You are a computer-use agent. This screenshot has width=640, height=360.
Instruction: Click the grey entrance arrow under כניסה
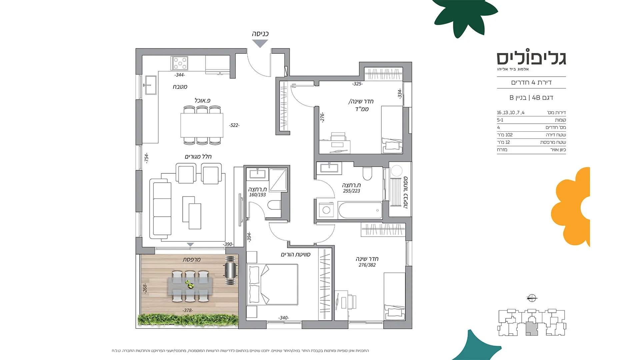[260, 43]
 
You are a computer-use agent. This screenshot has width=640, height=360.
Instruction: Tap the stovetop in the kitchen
[179, 63]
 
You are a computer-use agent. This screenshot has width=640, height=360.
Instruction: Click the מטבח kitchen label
[180, 87]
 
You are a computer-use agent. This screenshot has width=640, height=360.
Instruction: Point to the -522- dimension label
[234, 125]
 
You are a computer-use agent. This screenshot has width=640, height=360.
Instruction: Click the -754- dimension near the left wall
[146, 158]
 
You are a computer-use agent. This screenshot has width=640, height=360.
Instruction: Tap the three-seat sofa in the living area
[160, 209]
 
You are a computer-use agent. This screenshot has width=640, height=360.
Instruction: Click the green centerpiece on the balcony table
[190, 284]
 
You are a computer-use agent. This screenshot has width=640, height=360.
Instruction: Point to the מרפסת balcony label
[192, 259]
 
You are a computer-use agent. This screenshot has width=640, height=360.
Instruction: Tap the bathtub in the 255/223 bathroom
[360, 210]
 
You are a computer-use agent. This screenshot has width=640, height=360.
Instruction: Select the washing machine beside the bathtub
[326, 210]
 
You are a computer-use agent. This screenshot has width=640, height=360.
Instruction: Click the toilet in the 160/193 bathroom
[274, 205]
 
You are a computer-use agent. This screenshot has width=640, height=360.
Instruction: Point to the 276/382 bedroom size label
[367, 265]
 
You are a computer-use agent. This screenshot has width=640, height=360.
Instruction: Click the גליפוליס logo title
[531, 58]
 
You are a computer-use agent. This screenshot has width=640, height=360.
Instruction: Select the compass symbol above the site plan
[532, 298]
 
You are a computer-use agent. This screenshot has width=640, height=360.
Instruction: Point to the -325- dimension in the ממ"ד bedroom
[357, 84]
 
